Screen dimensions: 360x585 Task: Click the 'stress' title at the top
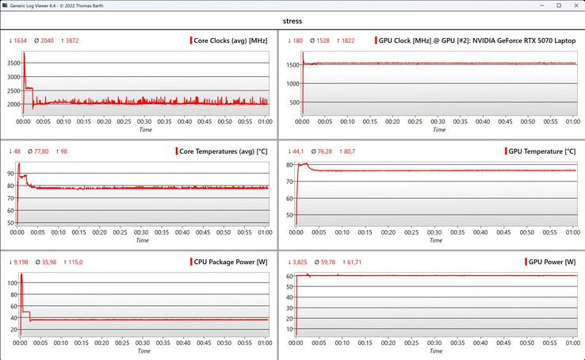(x=292, y=21)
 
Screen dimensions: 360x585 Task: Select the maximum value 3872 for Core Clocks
(x=72, y=40)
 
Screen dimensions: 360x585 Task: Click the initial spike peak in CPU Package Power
(x=21, y=274)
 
